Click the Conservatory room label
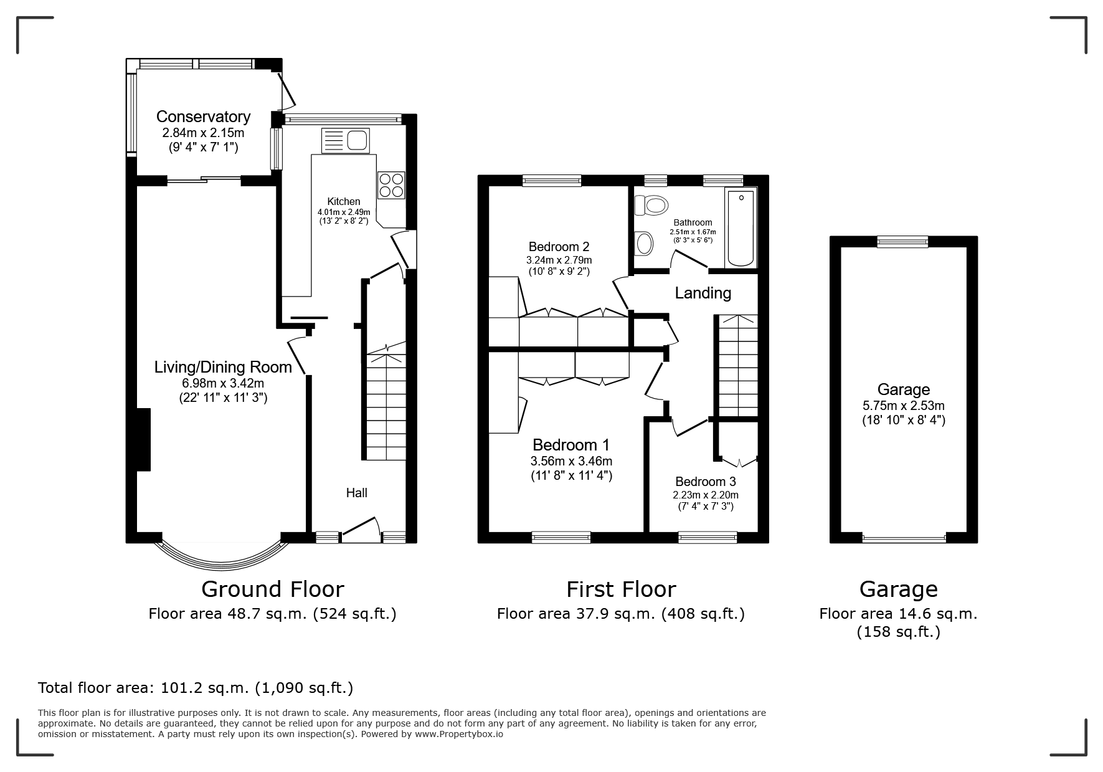click(203, 117)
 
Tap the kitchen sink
click(346, 140)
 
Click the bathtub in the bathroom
click(741, 228)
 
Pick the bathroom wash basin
click(644, 243)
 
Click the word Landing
click(703, 293)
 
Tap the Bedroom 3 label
click(706, 482)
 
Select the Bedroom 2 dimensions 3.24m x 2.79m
click(559, 260)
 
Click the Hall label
click(357, 493)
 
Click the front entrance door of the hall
click(361, 530)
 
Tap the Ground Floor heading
click(273, 589)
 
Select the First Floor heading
click(621, 589)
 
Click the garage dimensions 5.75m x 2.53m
click(904, 406)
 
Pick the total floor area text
click(196, 688)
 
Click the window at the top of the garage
click(902, 242)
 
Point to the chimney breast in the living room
click(143, 439)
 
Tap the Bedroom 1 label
click(571, 445)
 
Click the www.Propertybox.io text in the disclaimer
click(460, 734)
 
